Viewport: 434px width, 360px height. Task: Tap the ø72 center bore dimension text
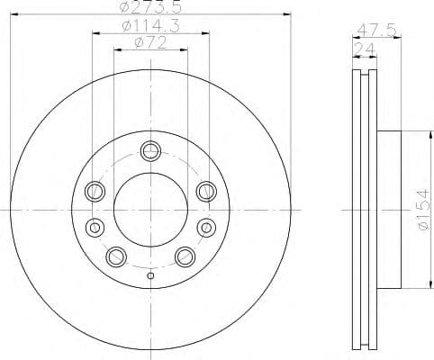149,42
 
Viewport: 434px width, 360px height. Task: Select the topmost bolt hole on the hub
149,149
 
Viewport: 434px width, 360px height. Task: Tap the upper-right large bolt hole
205,190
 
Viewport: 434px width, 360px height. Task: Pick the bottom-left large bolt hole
115,256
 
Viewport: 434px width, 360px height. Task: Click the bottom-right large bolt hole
185,256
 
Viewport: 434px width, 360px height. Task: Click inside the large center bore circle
149,210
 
